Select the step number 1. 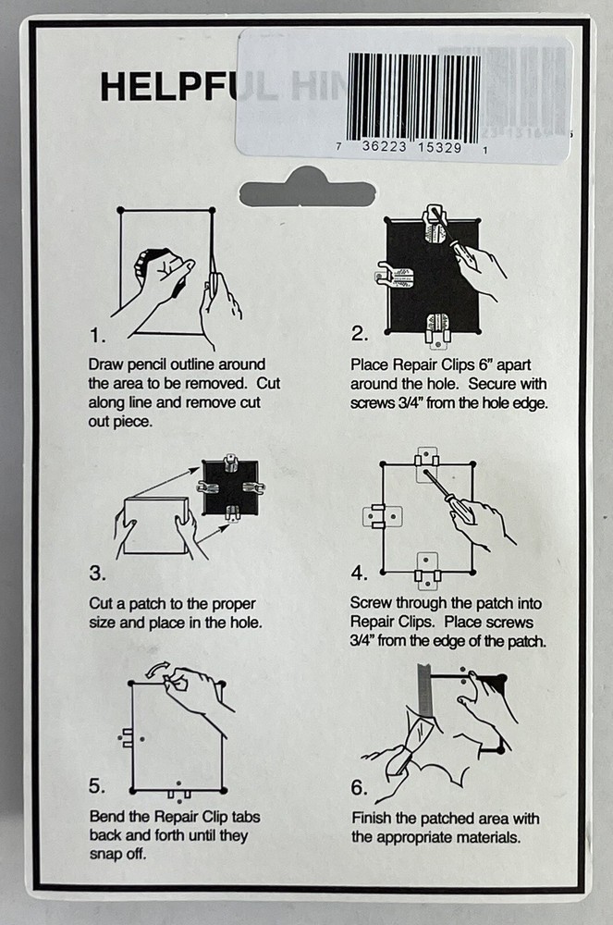[x=97, y=334]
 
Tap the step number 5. [x=97, y=786]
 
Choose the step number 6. [x=361, y=788]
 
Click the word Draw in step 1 [x=106, y=364]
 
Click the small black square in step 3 [x=228, y=488]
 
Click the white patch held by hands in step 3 [x=155, y=525]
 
